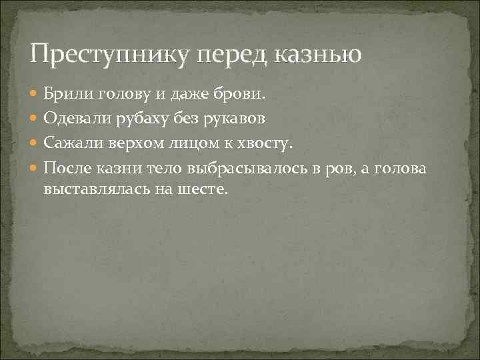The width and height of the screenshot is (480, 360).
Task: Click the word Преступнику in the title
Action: pos(103,52)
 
